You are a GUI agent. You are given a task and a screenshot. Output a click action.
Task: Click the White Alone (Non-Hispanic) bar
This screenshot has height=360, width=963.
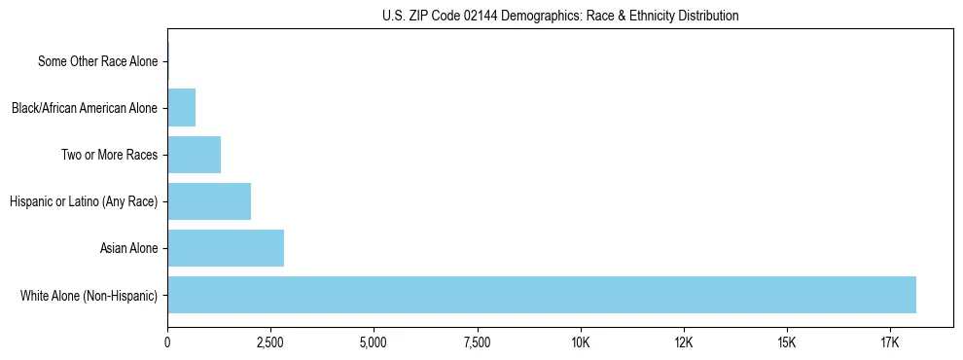(x=542, y=295)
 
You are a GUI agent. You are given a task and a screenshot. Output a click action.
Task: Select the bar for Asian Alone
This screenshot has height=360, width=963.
(x=226, y=248)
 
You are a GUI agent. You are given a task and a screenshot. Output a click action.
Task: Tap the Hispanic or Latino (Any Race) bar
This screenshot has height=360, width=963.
(x=209, y=201)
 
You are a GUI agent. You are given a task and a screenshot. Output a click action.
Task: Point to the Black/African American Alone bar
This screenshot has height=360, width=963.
(x=182, y=108)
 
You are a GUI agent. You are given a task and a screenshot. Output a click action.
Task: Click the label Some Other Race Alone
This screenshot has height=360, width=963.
(x=97, y=61)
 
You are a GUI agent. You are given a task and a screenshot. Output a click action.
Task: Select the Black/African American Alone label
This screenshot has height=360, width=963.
(x=85, y=108)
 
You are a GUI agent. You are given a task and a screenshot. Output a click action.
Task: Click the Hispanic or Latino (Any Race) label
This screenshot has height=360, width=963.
(x=84, y=201)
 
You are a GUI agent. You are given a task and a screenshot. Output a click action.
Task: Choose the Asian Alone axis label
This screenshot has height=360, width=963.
(x=128, y=248)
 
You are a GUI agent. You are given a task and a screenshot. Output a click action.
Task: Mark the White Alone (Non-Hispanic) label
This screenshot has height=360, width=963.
(x=89, y=295)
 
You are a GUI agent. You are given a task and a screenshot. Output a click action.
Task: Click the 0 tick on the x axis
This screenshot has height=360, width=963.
(x=167, y=342)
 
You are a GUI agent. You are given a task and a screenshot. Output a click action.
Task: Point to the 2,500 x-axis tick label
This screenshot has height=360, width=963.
(x=270, y=342)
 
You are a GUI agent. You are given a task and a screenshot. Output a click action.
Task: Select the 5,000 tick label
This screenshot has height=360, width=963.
(x=374, y=342)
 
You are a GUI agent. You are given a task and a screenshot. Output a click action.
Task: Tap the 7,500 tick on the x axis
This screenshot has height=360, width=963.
(x=477, y=342)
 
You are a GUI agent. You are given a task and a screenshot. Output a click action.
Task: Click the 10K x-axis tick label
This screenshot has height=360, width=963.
(x=581, y=342)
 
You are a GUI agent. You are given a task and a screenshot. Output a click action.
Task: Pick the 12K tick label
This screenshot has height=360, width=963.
(x=684, y=342)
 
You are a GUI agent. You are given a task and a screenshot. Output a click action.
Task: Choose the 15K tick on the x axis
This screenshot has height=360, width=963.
(x=787, y=342)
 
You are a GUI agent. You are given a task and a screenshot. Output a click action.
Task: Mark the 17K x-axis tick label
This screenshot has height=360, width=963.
(x=890, y=342)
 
